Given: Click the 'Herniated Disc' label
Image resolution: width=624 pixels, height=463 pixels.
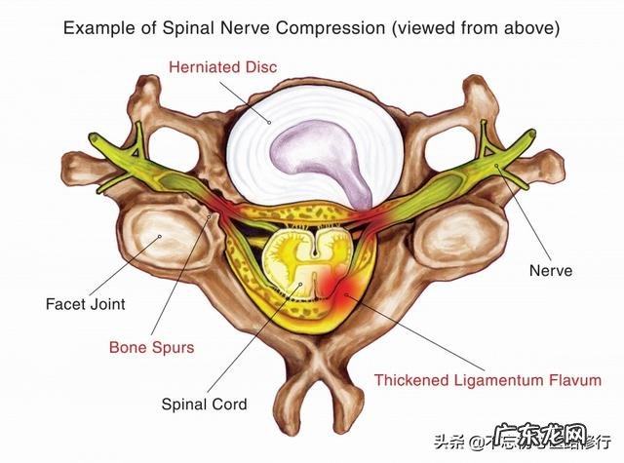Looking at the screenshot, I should tap(222, 67).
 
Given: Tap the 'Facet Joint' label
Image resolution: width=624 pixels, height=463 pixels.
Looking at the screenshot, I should tap(85, 304).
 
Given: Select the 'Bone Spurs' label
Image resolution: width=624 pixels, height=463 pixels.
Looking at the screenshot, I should tap(151, 347).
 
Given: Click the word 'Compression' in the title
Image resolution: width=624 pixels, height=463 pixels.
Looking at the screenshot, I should tap(327, 27).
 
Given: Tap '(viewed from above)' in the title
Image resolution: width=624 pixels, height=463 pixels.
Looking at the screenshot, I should tap(475, 27).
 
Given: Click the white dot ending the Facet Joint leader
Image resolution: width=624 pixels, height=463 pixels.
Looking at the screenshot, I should tap(158, 238).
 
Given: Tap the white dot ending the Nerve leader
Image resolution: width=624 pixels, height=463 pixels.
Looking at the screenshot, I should tap(498, 170).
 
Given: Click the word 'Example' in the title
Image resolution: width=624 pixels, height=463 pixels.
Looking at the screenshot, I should tap(98, 27).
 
